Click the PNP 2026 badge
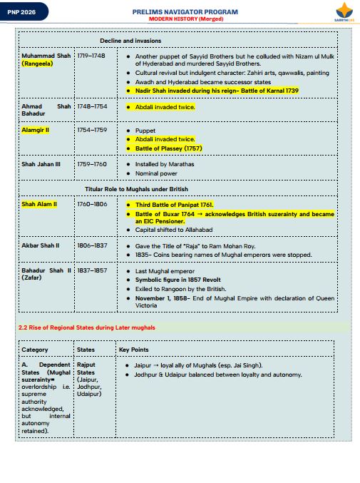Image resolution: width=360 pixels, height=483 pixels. pos(19,12)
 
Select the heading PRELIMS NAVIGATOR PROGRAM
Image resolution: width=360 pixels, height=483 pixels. pos(185,12)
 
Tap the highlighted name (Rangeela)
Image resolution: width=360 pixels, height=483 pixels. pos(36,63)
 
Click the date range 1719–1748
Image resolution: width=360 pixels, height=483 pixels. pos(91,55)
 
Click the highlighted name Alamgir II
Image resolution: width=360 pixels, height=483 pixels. pos(35,131)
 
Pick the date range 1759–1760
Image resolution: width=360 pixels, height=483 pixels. pos(91,164)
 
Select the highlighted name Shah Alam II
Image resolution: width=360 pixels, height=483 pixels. pos(39,204)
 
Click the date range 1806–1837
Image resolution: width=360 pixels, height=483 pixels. pos(91,245)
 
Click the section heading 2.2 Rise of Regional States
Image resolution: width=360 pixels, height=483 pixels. pos(86,327)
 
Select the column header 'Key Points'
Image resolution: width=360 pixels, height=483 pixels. pos(133,350)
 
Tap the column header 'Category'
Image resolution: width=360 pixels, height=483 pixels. pos(35,350)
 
